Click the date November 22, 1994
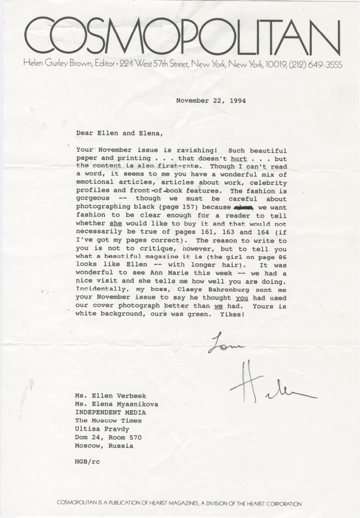click(x=211, y=101)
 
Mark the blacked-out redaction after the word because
click(x=242, y=206)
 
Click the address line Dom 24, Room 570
click(x=108, y=437)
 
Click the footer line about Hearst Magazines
click(x=180, y=504)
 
